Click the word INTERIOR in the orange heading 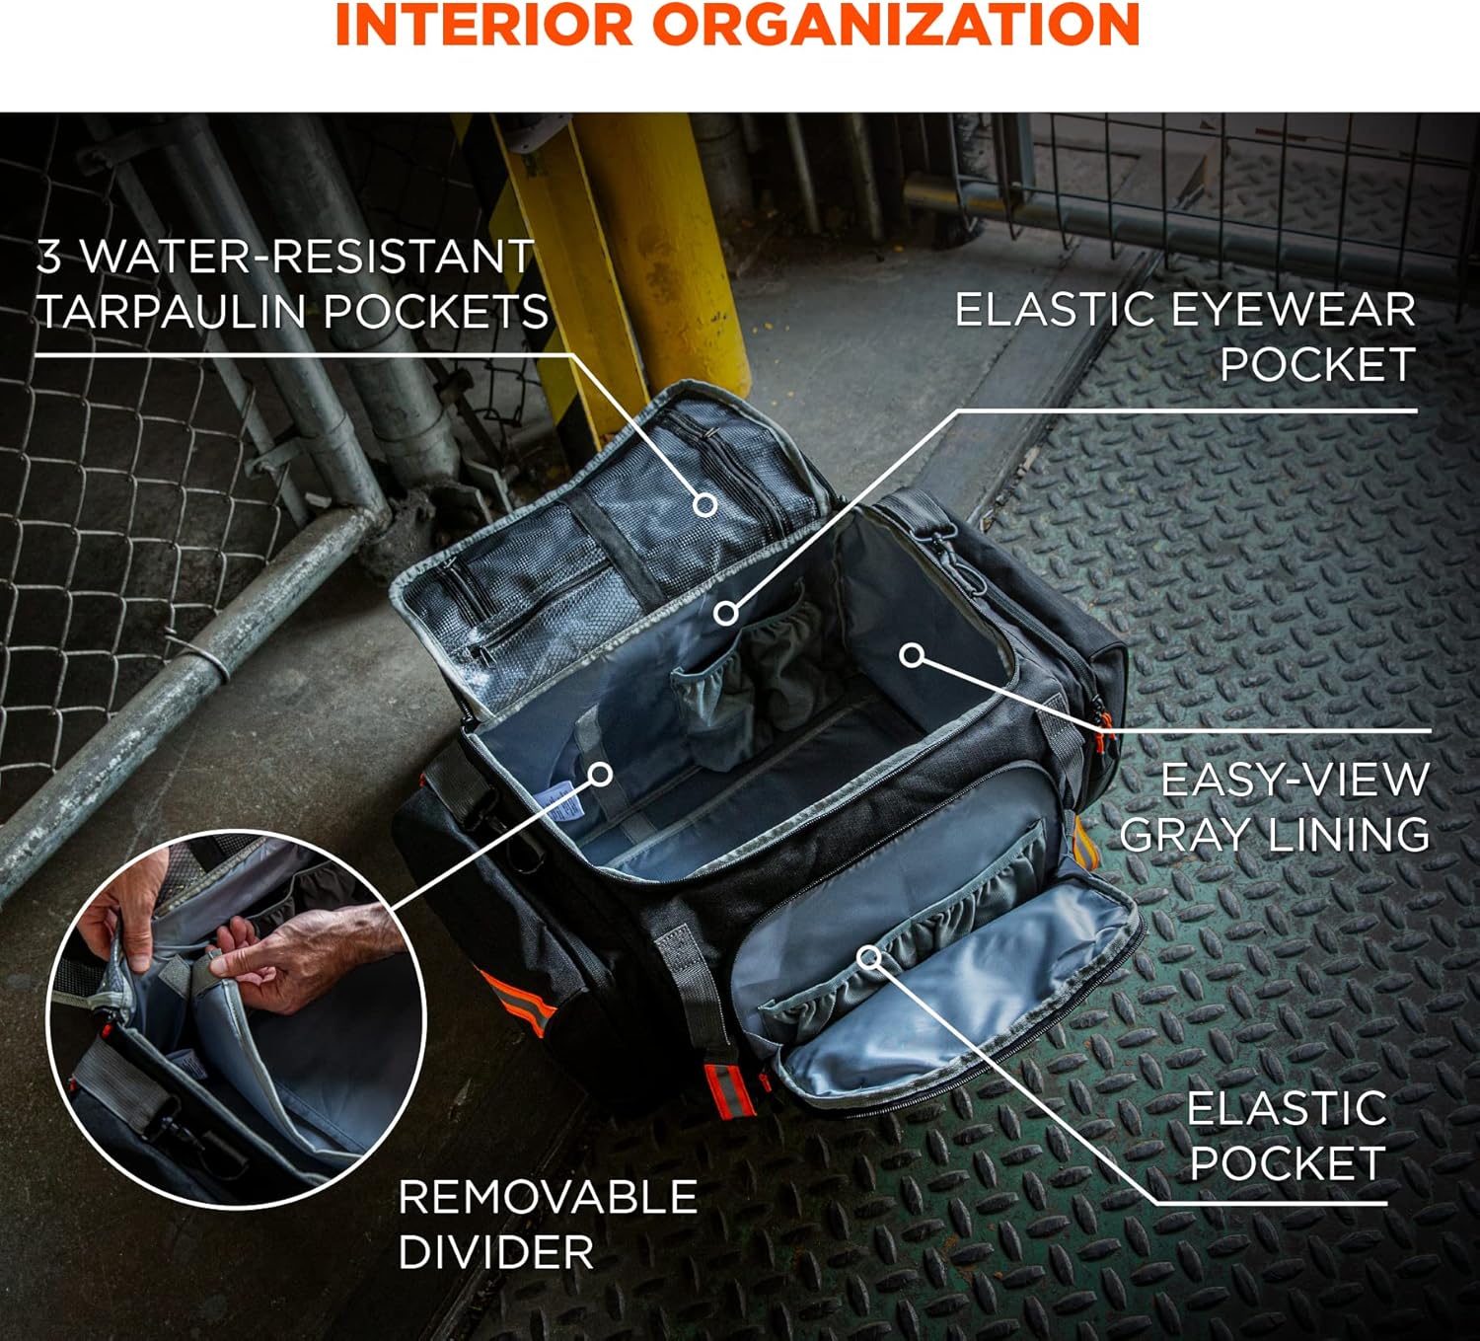pos(484,25)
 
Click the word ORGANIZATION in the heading pos(897,25)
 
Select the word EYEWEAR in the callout pos(1294,310)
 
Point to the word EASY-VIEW pos(1295,780)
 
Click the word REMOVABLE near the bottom pos(549,1196)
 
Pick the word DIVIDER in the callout pos(495,1251)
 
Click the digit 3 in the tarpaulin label pos(48,257)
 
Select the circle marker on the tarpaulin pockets pos(705,505)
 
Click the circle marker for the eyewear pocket pos(727,613)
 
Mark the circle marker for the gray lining pos(913,654)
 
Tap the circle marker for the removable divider pos(601,774)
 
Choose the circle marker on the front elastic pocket pos(870,958)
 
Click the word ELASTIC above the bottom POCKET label pos(1288,1108)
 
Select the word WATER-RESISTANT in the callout pos(306,257)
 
